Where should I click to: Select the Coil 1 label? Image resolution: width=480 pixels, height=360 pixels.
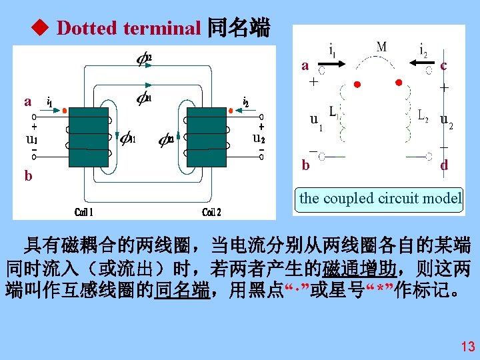click(x=84, y=212)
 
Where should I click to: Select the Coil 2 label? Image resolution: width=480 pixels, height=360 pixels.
click(x=212, y=212)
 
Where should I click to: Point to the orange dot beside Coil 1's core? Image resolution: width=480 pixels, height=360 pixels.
click(x=65, y=112)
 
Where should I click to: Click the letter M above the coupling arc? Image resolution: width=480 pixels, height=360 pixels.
click(x=381, y=47)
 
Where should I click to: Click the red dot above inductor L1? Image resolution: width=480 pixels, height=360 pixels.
click(x=357, y=85)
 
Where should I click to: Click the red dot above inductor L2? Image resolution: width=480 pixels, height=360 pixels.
click(x=399, y=82)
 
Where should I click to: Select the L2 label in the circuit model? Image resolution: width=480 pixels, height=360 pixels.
click(x=422, y=116)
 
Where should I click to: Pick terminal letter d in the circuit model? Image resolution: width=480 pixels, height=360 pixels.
click(x=444, y=165)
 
